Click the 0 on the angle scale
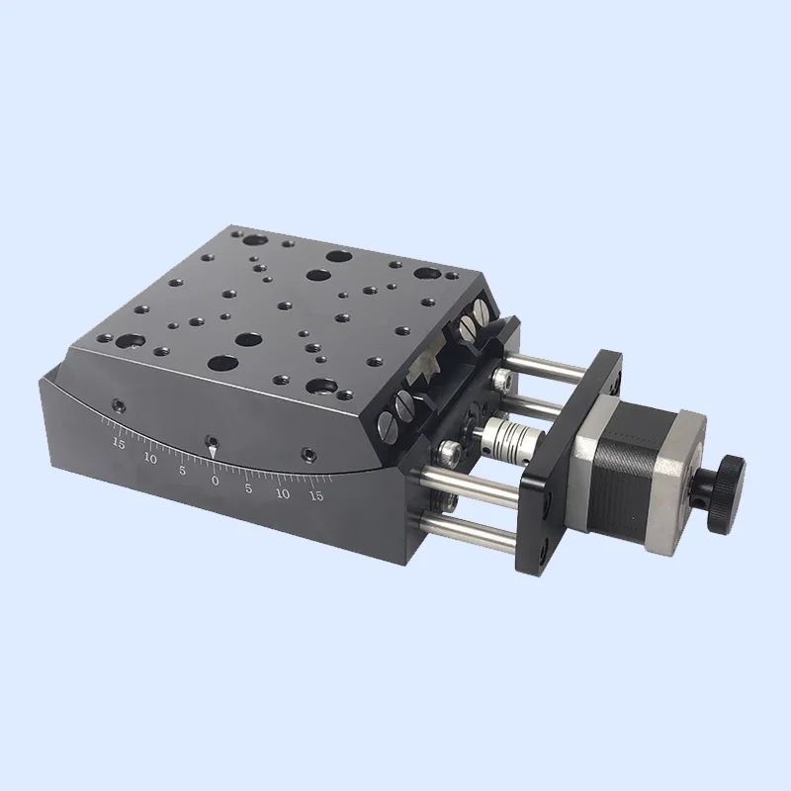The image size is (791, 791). click(x=216, y=480)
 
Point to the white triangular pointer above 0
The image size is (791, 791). click(x=212, y=452)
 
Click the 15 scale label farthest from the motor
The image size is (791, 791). click(x=119, y=444)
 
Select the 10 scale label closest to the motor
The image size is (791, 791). click(x=283, y=492)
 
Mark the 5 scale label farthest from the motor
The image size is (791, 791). click(x=182, y=471)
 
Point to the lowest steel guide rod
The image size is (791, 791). click(x=475, y=530)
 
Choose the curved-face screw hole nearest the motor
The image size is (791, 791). click(x=310, y=455)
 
